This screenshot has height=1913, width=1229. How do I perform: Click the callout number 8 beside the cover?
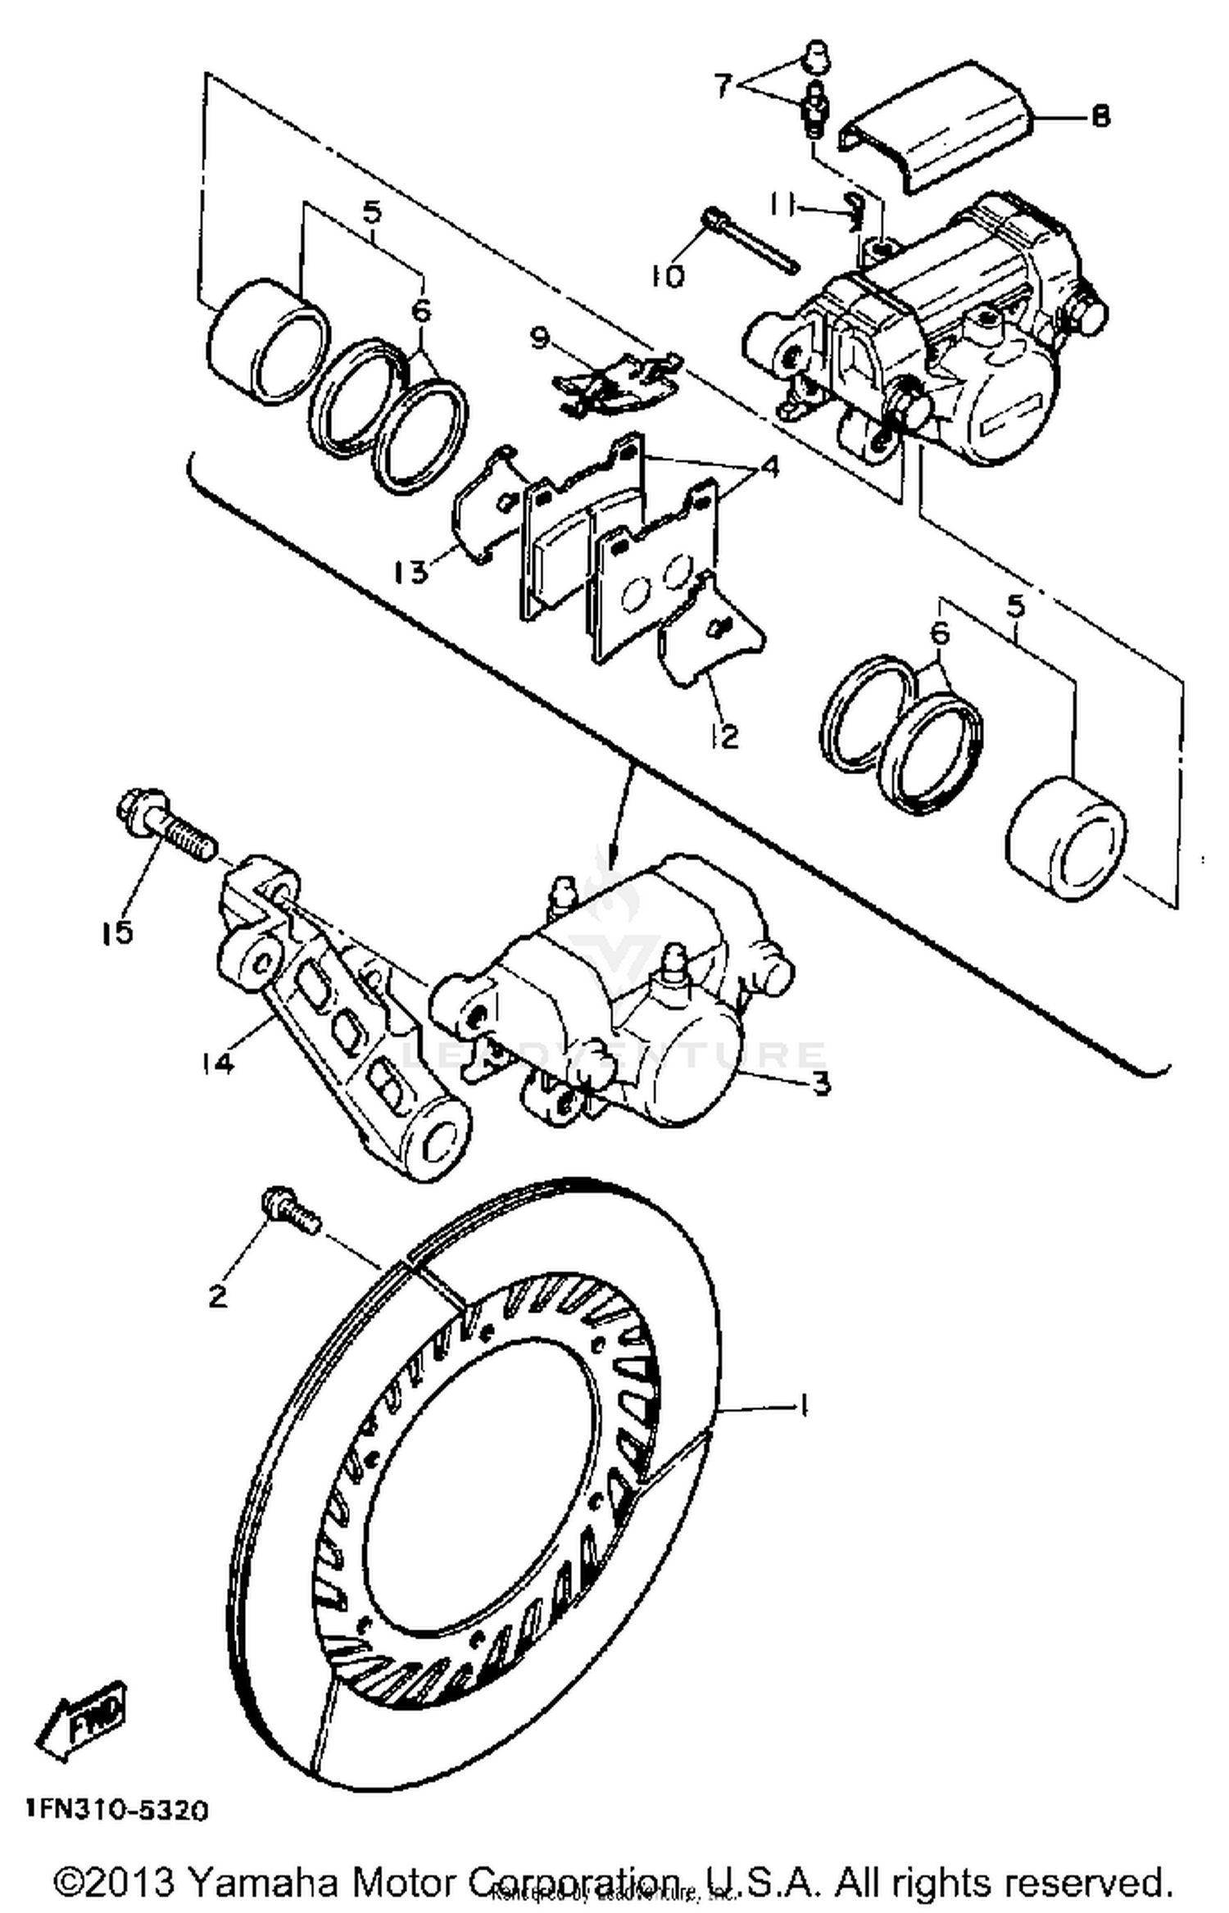[x=1100, y=116]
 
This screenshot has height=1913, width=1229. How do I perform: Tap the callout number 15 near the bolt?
[x=118, y=932]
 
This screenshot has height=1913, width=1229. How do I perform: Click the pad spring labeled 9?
[x=614, y=381]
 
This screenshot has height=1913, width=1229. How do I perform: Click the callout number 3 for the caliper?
[x=821, y=1082]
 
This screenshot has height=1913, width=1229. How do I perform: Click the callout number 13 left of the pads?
[x=410, y=571]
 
